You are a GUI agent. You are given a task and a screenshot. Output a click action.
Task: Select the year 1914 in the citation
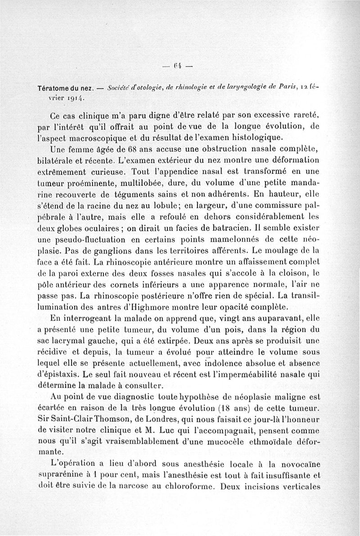(73, 97)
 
